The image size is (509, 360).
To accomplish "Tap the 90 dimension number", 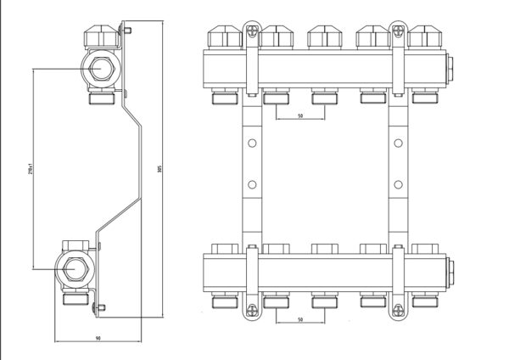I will tap(98, 340).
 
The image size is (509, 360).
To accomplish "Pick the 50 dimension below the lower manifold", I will tap(299, 320).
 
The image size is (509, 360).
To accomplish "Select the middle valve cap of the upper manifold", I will tap(323, 37).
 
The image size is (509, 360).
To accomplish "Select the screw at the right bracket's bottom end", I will tap(395, 312).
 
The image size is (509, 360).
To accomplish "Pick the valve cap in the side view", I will tap(103, 38).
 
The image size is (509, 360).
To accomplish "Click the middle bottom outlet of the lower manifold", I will tap(323, 300).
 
